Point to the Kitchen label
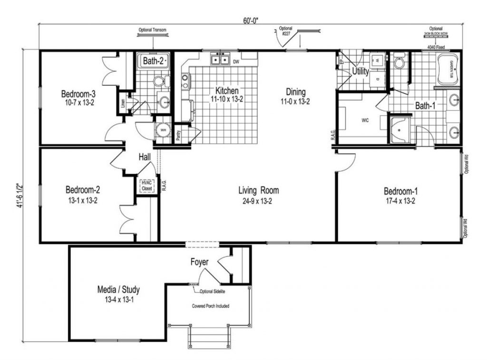pos(227,91)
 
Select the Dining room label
pos(295,92)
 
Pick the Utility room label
pos(361,72)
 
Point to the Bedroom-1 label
pos(400,191)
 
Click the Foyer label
pos(200,262)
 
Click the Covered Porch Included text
pos(210,306)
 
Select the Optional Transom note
pos(152,29)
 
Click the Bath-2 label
pos(154,61)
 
